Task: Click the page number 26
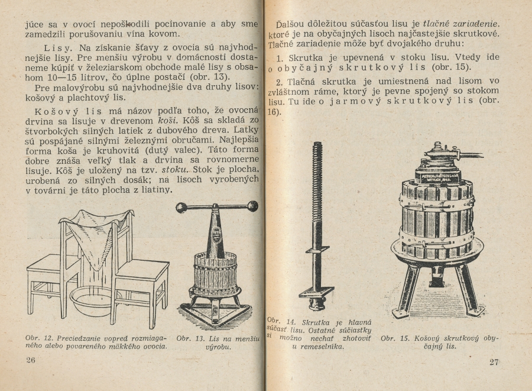coord(31,360)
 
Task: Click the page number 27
coord(494,362)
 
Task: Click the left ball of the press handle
coord(181,207)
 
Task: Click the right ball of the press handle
coord(253,206)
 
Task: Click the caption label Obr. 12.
coord(37,338)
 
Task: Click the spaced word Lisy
coord(58,47)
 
